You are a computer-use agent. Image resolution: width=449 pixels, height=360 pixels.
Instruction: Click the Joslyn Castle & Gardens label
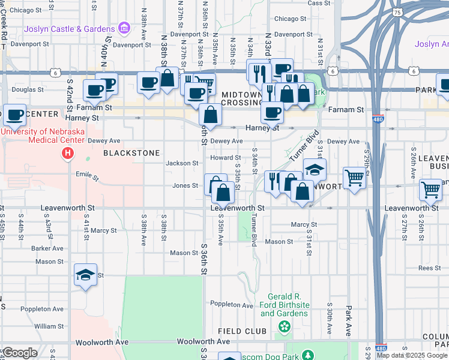(x=70, y=29)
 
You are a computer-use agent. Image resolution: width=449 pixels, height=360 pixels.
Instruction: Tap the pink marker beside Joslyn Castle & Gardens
(x=124, y=28)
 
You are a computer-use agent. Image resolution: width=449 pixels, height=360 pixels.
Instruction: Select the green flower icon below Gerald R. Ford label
(x=285, y=326)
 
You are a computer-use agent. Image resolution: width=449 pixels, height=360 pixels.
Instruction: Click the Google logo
(x=20, y=353)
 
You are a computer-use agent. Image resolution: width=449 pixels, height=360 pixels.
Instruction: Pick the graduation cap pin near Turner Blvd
(x=315, y=170)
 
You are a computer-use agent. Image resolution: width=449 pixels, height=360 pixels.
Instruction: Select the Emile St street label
(x=86, y=176)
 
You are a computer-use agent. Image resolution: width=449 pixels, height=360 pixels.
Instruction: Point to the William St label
(x=49, y=326)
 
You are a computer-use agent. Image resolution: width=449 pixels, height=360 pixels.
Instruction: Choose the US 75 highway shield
(x=396, y=12)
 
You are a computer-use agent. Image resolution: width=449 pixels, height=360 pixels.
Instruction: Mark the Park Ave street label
(x=348, y=321)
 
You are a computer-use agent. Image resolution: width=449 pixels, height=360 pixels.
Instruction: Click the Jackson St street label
(x=182, y=163)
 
